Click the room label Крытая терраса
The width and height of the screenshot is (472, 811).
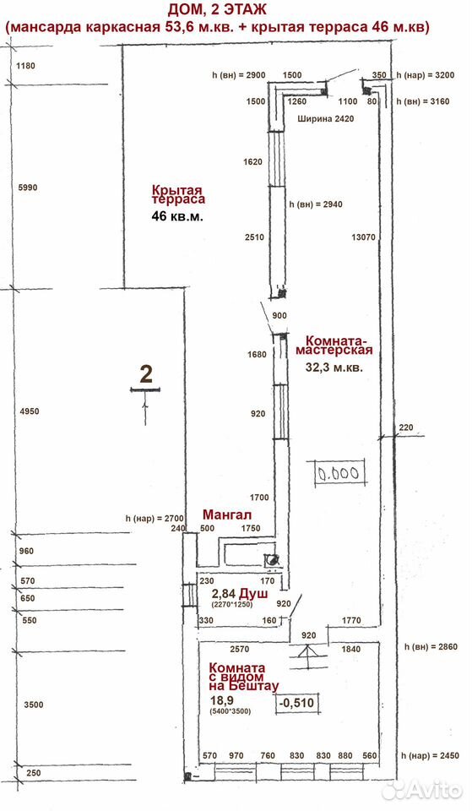[x=178, y=195]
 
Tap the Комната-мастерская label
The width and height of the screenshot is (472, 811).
[x=334, y=346]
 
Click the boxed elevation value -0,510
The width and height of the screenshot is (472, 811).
[x=296, y=703]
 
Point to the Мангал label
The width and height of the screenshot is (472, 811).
[x=227, y=514]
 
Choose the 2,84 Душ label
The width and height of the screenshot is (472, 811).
[x=240, y=594]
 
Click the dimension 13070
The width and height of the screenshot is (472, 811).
[x=363, y=237]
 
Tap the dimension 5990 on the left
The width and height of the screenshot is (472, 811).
[x=28, y=188]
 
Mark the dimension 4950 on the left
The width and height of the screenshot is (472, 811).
[x=29, y=411]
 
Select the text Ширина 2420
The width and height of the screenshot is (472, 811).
[x=326, y=118]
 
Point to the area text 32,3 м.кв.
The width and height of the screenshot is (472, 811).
[x=334, y=367]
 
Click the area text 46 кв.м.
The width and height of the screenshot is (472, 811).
[x=177, y=215]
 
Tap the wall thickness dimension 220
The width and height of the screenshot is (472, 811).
[x=406, y=427]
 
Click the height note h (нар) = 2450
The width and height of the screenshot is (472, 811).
[x=430, y=755]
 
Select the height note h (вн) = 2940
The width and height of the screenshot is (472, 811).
[x=315, y=204]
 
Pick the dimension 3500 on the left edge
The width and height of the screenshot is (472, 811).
[x=34, y=705]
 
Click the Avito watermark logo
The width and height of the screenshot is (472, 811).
[x=422, y=789]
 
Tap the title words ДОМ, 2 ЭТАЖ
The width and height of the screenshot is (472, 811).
[x=217, y=10]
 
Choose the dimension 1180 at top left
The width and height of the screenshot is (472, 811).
[x=25, y=66]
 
